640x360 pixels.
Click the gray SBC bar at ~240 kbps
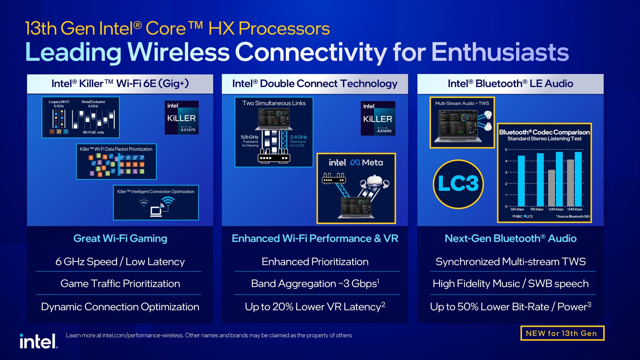tap(551, 188)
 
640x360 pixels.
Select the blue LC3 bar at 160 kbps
tap(521, 181)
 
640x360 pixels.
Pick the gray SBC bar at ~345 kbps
tap(570, 183)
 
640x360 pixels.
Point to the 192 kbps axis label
tap(537, 209)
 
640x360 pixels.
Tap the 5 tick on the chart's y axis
tap(506, 150)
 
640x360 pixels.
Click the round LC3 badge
tap(458, 184)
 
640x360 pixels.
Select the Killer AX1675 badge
tap(182, 117)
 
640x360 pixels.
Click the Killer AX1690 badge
tap(378, 118)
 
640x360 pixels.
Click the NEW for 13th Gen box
tap(562, 333)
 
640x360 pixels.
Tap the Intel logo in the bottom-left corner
tap(38, 342)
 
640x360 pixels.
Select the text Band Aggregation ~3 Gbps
tap(315, 284)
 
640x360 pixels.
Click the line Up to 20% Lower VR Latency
tap(315, 307)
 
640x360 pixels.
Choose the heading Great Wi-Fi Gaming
tap(120, 239)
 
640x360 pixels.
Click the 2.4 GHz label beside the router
tap(298, 137)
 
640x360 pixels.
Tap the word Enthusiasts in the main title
tap(500, 52)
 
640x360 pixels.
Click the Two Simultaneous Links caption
tap(274, 103)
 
